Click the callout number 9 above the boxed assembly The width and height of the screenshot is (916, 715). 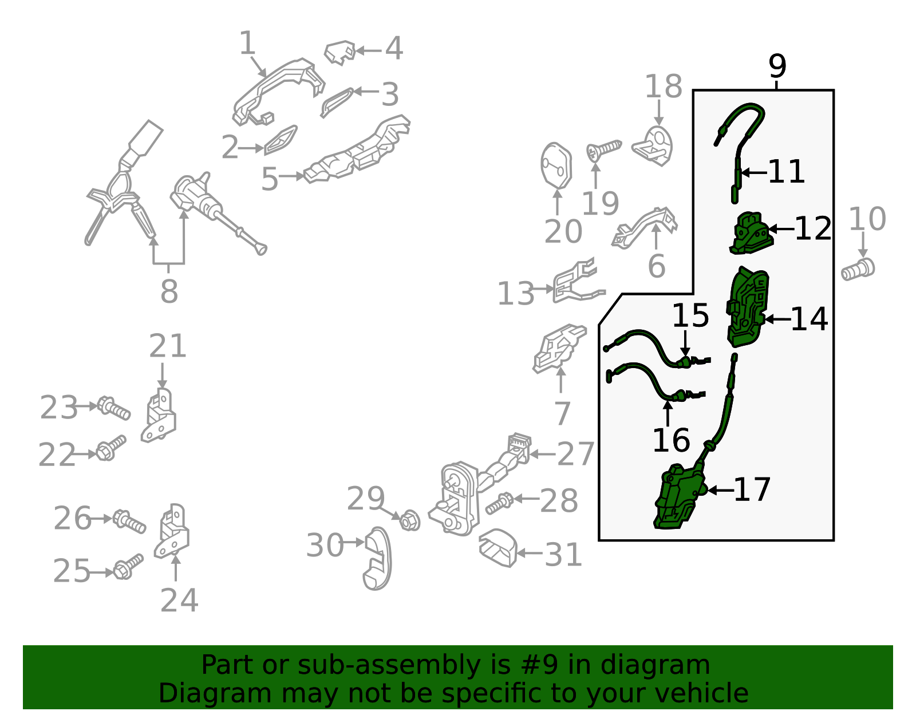(x=777, y=66)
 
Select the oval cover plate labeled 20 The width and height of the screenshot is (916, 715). (x=556, y=165)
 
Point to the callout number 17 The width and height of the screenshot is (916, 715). (x=752, y=489)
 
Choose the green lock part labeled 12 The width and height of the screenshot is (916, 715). (x=752, y=233)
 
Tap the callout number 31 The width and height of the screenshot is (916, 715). (x=563, y=555)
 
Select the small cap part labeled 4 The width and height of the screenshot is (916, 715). (x=340, y=53)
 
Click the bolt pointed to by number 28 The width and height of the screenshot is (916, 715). (x=500, y=503)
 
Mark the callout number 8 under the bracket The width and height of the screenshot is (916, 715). (x=169, y=291)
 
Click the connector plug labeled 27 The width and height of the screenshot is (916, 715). (x=519, y=448)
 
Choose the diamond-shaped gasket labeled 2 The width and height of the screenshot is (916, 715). (x=281, y=140)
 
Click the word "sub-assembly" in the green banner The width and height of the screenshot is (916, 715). (x=389, y=665)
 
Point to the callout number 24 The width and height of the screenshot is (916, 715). (x=179, y=601)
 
